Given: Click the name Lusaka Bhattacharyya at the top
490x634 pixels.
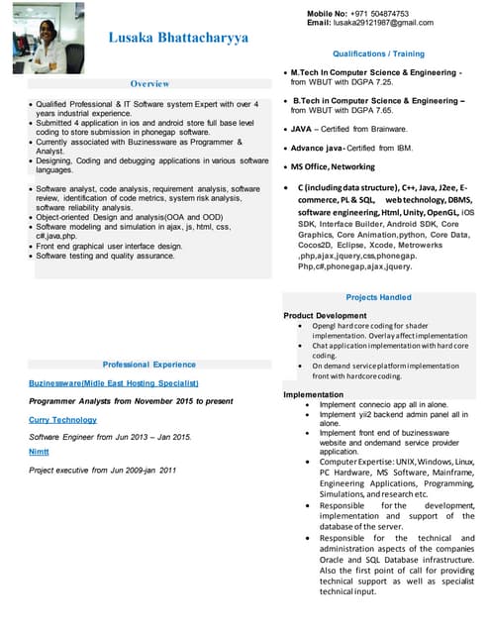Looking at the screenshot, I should click(179, 39).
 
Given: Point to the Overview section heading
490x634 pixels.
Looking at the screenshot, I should click(149, 84).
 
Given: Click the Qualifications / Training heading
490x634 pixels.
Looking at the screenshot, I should click(378, 53).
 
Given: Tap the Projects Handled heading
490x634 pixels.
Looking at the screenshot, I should click(378, 297).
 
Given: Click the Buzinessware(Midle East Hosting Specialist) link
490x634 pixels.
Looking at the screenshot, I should click(114, 382).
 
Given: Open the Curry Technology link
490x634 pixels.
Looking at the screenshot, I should click(62, 420).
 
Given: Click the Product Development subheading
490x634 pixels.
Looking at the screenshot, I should click(325, 315).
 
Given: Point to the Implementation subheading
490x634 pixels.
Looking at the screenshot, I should click(314, 394).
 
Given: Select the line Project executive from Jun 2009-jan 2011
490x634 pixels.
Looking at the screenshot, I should click(102, 470).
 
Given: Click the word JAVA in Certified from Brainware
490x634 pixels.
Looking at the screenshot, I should click(302, 128).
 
